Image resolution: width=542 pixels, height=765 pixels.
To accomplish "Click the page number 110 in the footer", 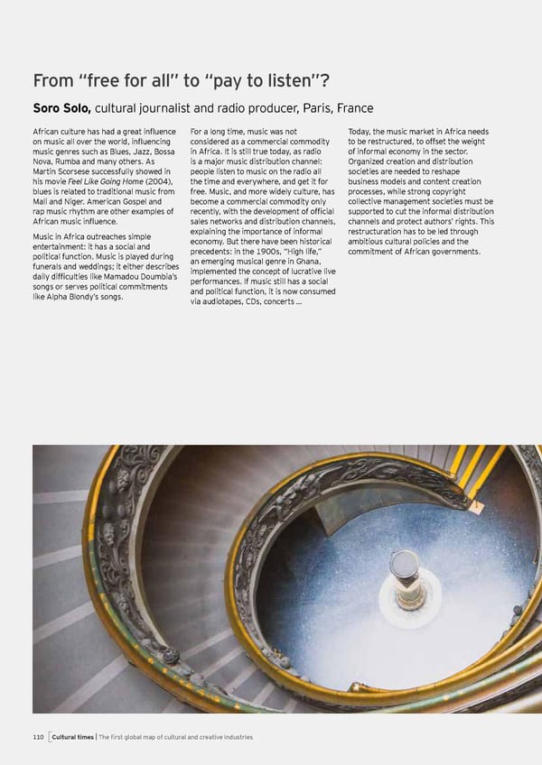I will point(38,737).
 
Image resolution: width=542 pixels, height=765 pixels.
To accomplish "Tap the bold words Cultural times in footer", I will point(75,737).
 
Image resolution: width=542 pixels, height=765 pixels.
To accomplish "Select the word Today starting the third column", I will point(360,131).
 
